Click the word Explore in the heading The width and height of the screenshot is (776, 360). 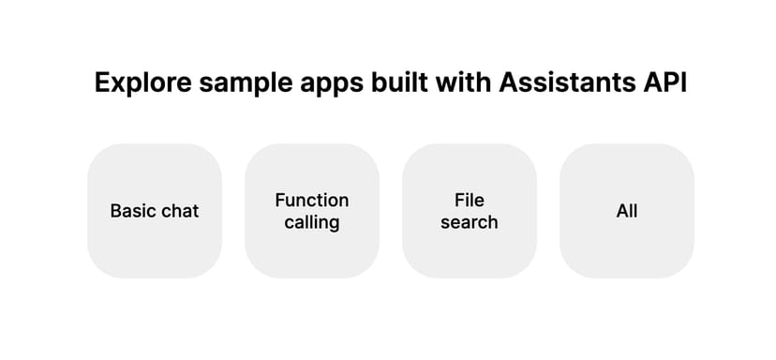point(143,82)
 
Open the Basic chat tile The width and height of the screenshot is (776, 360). point(155,211)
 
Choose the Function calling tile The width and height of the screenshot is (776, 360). point(312,211)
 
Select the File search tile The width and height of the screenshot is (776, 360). point(470,211)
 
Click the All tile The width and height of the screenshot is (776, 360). point(627,211)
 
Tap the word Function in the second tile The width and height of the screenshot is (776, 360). point(312,200)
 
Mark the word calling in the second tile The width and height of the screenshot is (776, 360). point(312,223)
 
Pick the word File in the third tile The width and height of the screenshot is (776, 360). point(470,200)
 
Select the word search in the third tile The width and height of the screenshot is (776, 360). point(470,222)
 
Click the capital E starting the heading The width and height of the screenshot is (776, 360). point(103,82)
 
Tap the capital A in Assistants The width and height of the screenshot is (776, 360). point(509,82)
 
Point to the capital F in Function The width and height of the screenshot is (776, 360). point(280,200)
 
